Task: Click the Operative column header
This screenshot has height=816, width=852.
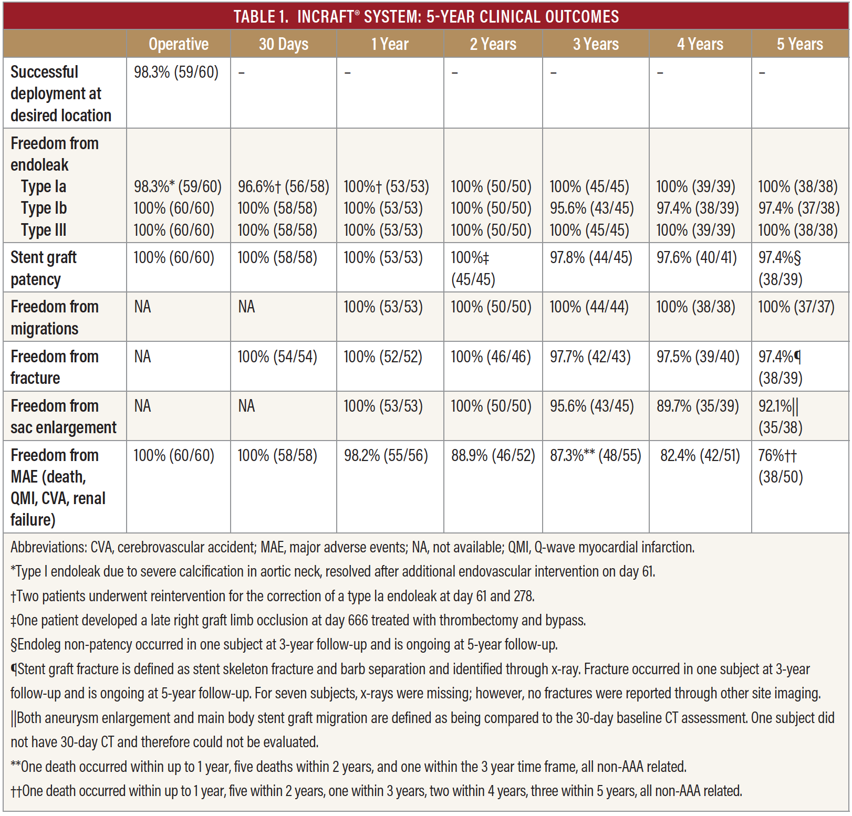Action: (179, 44)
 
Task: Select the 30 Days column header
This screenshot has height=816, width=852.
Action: (284, 44)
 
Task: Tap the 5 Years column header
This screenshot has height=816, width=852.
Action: (800, 44)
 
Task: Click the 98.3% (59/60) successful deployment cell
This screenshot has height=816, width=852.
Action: (176, 72)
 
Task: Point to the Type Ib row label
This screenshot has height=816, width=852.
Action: (44, 208)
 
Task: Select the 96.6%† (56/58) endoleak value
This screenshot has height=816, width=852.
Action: (284, 186)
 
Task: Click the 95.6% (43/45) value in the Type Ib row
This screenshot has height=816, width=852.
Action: (592, 208)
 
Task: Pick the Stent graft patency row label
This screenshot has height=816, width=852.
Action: (44, 268)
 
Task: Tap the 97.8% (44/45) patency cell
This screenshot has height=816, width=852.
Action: (591, 257)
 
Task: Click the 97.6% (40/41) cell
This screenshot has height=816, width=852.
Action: (697, 257)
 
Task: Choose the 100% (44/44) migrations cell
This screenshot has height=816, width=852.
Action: (589, 307)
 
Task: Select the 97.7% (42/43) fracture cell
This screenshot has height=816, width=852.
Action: (590, 357)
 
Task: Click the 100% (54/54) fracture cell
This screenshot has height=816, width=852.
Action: (277, 357)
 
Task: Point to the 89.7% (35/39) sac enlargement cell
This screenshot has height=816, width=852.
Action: (698, 406)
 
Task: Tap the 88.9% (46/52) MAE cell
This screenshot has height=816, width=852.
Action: (493, 455)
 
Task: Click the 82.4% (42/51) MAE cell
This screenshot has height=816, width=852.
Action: (700, 455)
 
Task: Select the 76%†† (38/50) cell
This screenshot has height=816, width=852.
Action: (781, 466)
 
